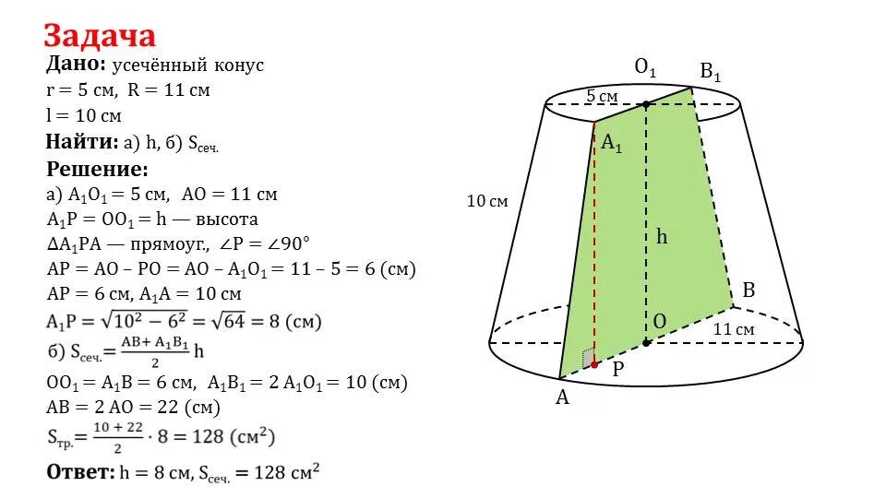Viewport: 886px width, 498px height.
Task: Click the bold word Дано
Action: pos(77,65)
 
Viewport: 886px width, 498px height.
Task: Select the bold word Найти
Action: pos(80,142)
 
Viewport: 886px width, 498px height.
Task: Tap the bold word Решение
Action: pos(96,170)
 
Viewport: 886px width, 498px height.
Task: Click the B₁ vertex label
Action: pos(710,71)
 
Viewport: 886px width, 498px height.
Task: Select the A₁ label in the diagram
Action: pos(612,143)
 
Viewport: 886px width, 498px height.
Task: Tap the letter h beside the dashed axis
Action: pos(662,236)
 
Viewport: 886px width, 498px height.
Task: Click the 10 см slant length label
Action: pos(487,201)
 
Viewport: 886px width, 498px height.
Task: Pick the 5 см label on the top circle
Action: pos(602,97)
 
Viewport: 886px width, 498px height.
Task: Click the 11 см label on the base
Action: pos(734,329)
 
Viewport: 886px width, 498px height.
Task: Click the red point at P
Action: pos(594,365)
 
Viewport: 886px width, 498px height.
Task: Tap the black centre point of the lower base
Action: pos(646,342)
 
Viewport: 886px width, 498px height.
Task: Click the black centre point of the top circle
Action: pos(646,104)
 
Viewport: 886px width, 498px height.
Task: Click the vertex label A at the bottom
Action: pos(561,397)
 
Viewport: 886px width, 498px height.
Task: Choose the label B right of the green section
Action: pos(748,290)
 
